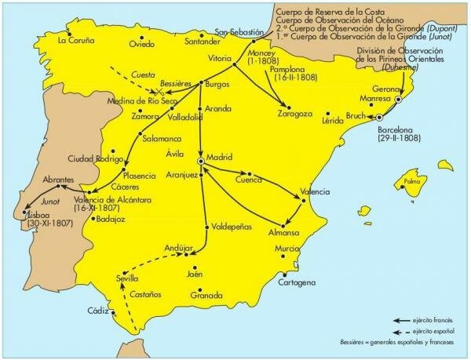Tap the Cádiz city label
[x=98, y=311]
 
